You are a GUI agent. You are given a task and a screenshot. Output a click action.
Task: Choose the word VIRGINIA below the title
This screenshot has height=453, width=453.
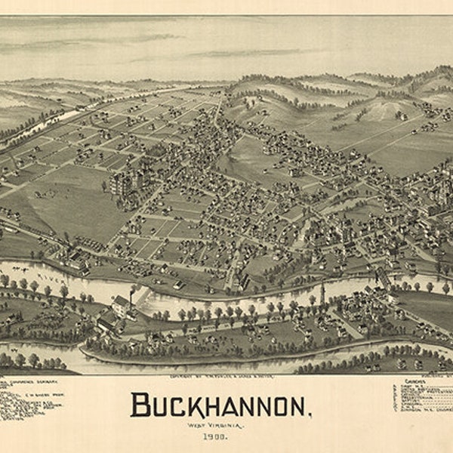pyautogui.click(x=230, y=425)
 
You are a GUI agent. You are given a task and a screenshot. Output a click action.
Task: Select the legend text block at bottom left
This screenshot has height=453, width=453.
pyautogui.click(x=30, y=400)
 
